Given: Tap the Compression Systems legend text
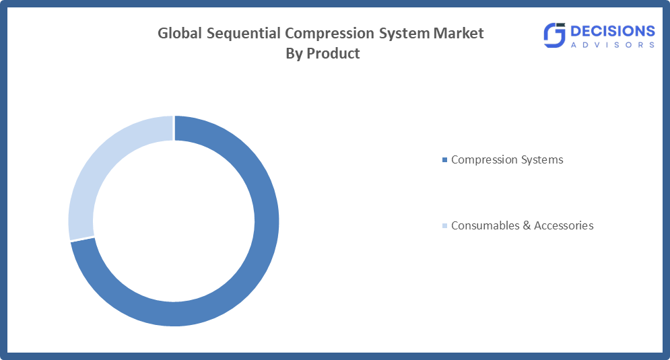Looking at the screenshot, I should pyautogui.click(x=507, y=160).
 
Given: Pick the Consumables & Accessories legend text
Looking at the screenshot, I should pyautogui.click(x=522, y=225).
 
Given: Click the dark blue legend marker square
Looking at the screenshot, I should pyautogui.click(x=444, y=160).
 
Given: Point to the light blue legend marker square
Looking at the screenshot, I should pyautogui.click(x=444, y=226).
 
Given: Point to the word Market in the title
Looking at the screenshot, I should pyautogui.click(x=461, y=33).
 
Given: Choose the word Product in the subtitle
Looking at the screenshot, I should pyautogui.click(x=333, y=54).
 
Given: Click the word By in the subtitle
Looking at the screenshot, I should pyautogui.click(x=294, y=54).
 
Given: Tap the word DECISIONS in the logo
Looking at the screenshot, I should pyautogui.click(x=611, y=31).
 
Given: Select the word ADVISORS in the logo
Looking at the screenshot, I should pyautogui.click(x=611, y=45).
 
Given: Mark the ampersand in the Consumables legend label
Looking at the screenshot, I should pyautogui.click(x=526, y=225).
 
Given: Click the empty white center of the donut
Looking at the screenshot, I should pyautogui.click(x=173, y=221).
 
